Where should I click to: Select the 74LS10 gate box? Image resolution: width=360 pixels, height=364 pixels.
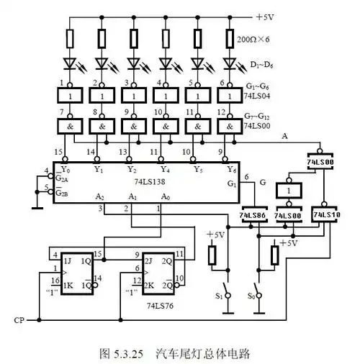pos(325,215)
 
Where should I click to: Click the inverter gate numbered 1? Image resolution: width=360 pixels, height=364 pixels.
pos(70,95)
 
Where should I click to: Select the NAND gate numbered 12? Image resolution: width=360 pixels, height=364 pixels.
pos(229,125)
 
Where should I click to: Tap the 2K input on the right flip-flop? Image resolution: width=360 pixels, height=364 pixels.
pos(150,284)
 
